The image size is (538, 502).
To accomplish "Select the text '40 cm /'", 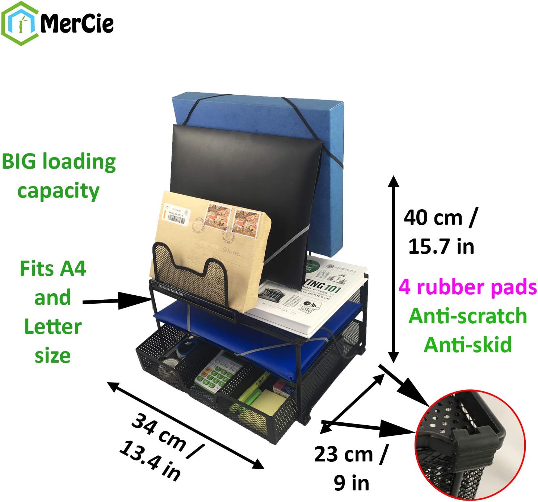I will click(440, 218).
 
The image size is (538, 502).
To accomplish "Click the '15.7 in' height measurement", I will click(441, 246).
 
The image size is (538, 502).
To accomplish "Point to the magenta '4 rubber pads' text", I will click(467, 287).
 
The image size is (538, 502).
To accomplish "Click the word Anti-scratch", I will click(467, 316).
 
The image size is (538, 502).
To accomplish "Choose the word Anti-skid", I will click(467, 344).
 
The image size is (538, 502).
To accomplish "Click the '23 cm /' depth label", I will click(351, 454).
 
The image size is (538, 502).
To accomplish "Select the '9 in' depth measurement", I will click(351, 483).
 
